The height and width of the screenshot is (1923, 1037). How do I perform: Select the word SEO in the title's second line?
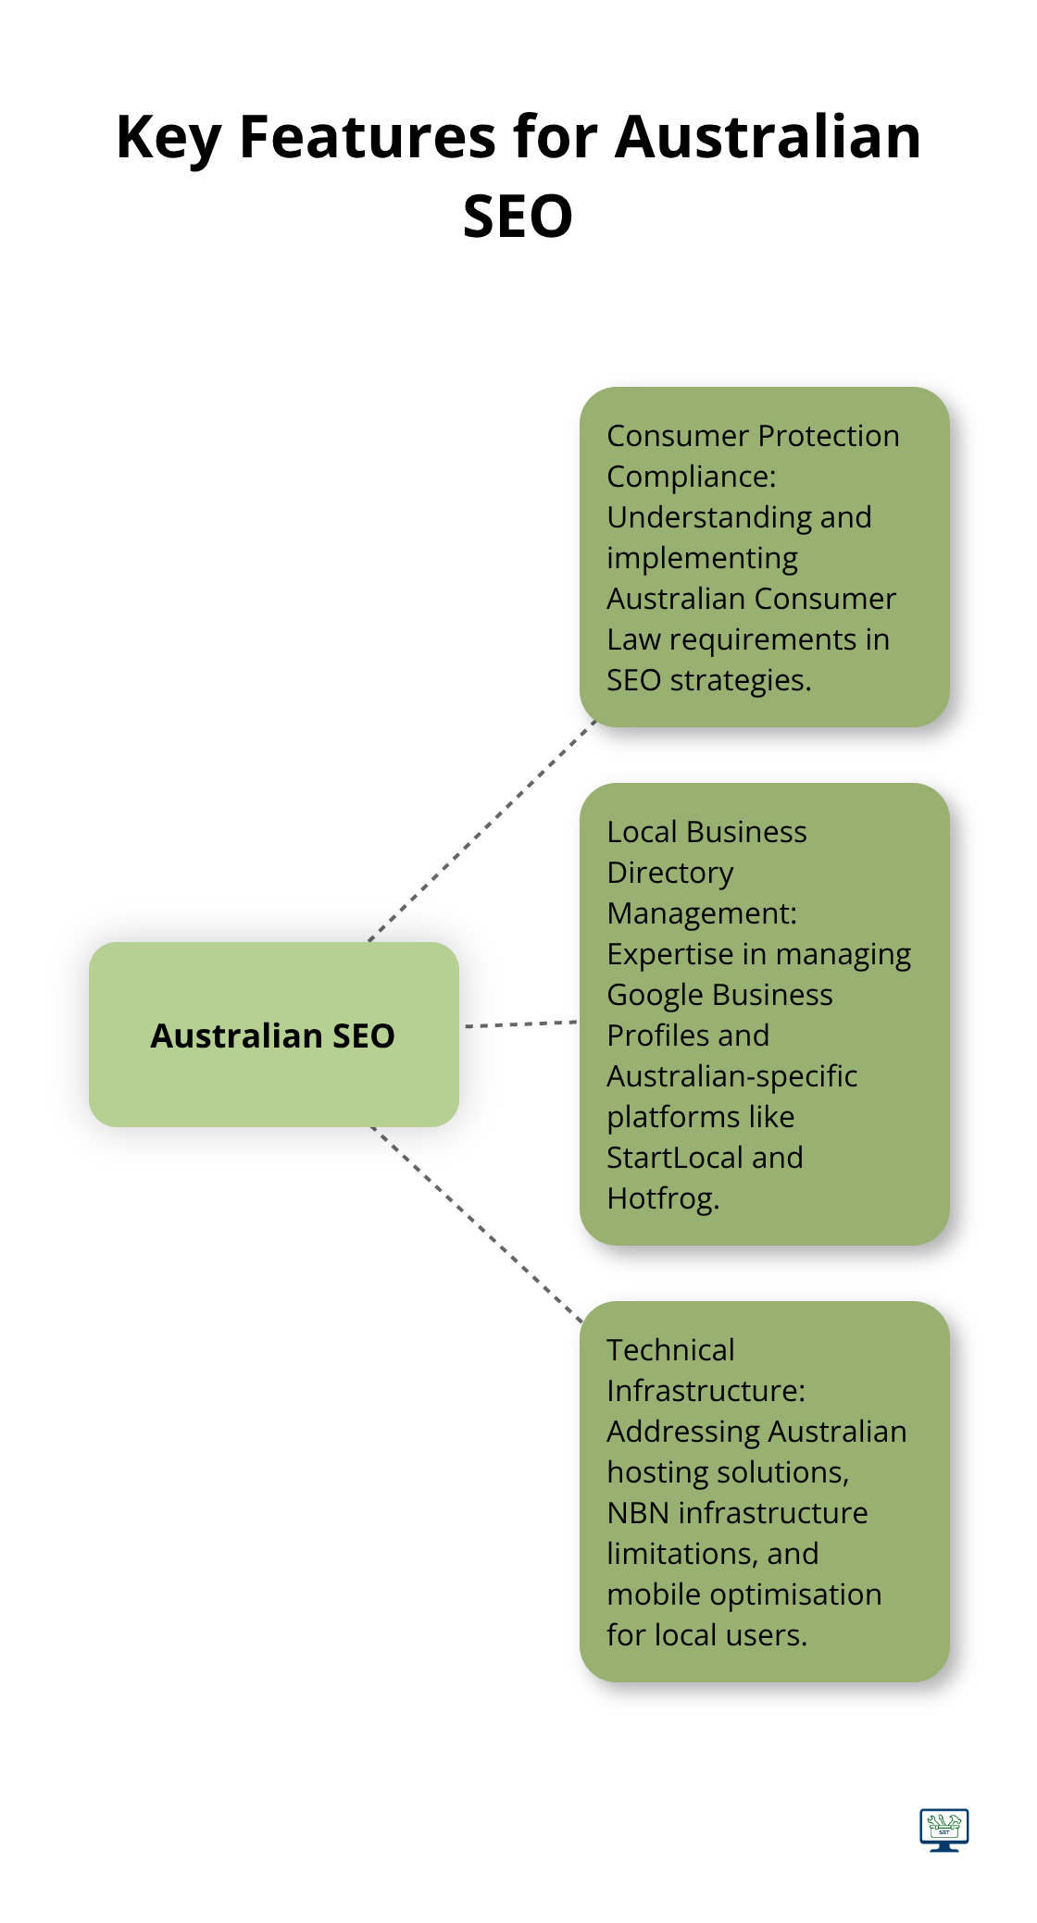click(518, 217)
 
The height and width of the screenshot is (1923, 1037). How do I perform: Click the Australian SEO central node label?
click(273, 1036)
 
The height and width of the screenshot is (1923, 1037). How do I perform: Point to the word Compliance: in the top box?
click(692, 477)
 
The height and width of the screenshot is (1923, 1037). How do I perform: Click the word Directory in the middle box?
click(670, 873)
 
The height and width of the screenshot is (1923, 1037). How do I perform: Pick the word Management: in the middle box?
click(702, 913)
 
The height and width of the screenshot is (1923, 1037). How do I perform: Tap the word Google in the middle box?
click(654, 995)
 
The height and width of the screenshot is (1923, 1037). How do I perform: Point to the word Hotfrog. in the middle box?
click(663, 1198)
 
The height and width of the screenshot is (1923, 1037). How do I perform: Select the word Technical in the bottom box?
click(670, 1350)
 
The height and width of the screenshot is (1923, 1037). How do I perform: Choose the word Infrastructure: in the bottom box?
click(706, 1391)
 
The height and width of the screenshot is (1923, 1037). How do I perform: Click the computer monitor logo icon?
click(944, 1829)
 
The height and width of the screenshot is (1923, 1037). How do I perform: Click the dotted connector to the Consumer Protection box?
click(481, 831)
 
